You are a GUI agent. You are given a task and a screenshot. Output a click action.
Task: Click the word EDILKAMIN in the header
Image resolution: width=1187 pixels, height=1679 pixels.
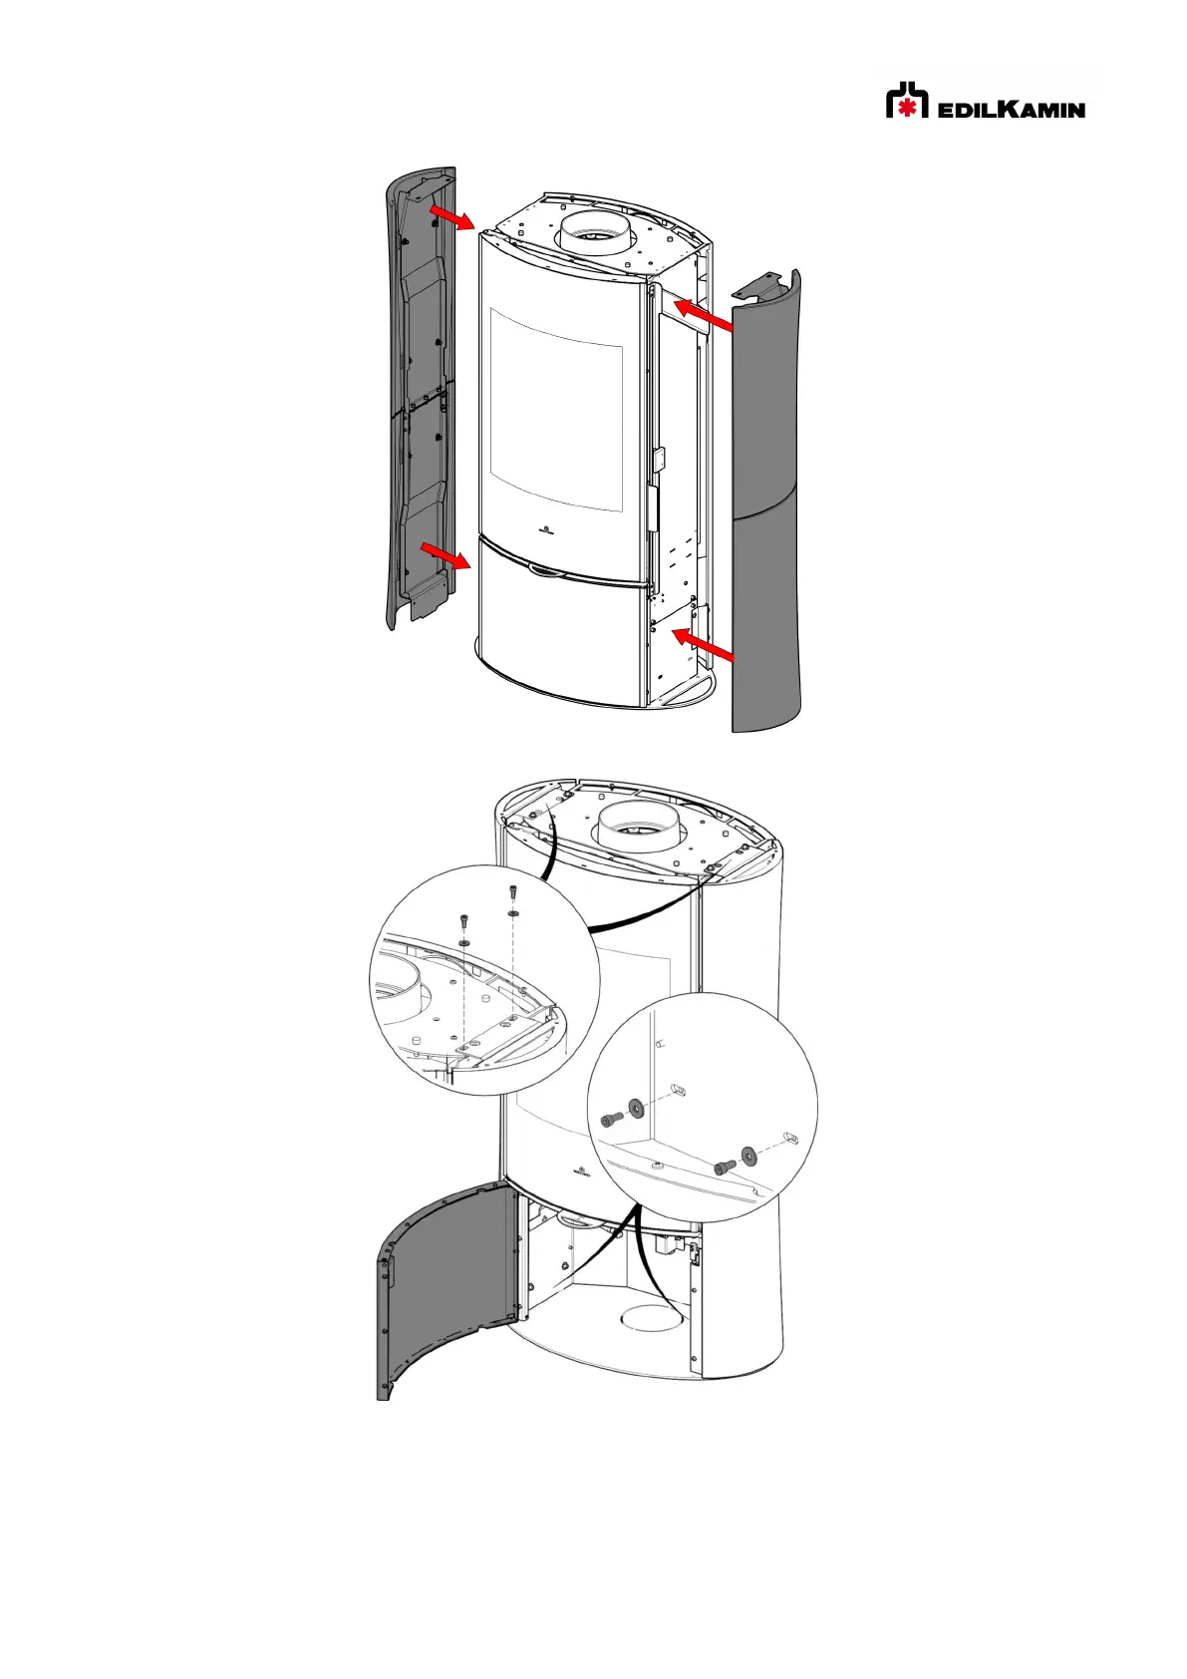pos(1011,109)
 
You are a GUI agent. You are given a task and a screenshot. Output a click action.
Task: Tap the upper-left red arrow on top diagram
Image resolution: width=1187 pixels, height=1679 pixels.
pos(452,217)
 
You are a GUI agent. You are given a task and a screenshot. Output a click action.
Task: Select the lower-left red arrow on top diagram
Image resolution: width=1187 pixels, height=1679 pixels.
pos(445,555)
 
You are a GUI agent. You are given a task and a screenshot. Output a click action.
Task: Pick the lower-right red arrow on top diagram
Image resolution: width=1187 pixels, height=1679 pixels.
pos(705,644)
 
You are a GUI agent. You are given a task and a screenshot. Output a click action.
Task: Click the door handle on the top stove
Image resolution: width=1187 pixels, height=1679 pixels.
pos(545,570)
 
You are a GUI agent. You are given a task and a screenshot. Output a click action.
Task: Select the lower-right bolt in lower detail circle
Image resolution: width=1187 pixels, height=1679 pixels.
pos(724,1166)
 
